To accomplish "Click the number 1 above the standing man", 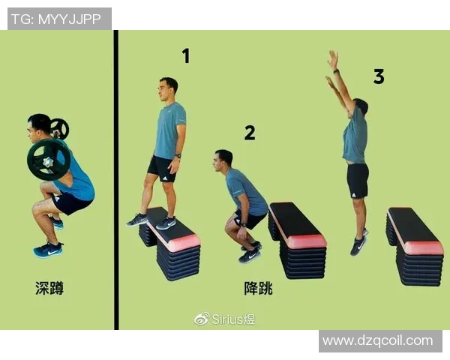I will coord(185,55).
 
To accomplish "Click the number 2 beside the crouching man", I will coord(250,133).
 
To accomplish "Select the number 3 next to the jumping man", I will coord(379,76).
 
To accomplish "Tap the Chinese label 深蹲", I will coord(49,287).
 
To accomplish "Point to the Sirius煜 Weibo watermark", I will coord(225,319).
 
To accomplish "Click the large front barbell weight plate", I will coord(49,159).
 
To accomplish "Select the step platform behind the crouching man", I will coord(298,240).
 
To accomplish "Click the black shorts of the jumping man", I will coord(358,180).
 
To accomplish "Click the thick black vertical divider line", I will coord(116,180).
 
